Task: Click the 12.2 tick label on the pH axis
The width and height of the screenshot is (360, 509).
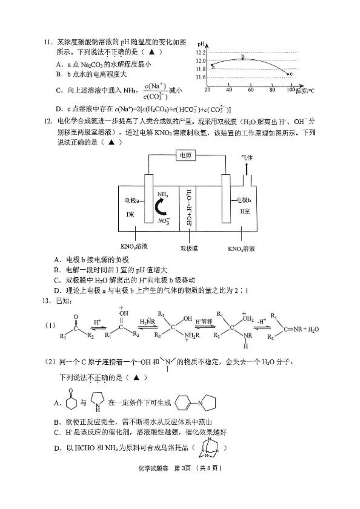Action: point(201,52)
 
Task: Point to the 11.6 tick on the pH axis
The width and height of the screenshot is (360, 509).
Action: point(201,77)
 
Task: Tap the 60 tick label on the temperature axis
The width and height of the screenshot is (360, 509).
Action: point(250,90)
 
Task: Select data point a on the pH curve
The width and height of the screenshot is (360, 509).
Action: point(212,66)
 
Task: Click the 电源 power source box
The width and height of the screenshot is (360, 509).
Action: point(186,155)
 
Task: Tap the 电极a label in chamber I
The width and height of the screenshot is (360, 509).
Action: point(132,200)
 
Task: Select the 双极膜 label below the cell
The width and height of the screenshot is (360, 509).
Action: point(189,248)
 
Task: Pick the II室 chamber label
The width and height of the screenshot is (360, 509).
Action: point(245,211)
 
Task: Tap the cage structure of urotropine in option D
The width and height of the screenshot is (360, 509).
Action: point(210,448)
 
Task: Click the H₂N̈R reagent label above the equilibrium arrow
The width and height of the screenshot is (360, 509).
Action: point(147,322)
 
